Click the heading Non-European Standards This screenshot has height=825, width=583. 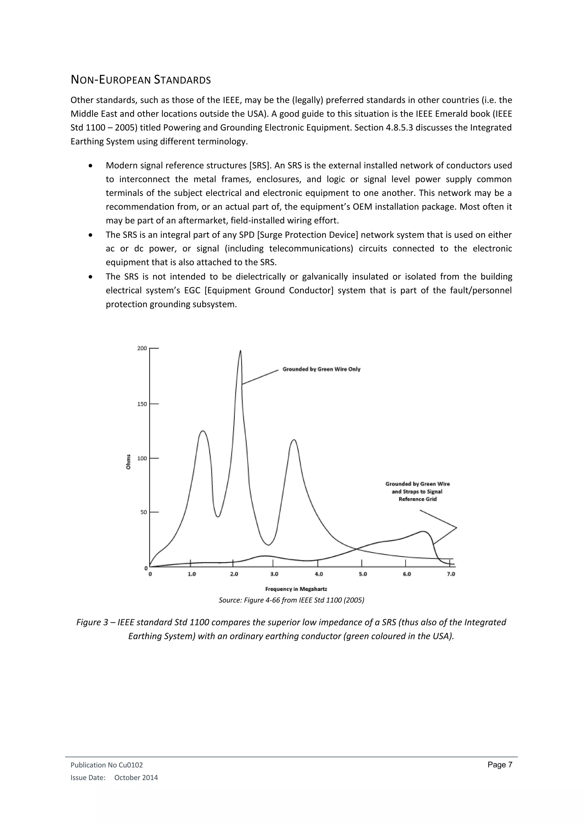pyautogui.click(x=141, y=80)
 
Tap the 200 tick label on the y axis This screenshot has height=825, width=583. pyautogui.click(x=142, y=348)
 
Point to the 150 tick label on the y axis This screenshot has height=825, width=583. pyautogui.click(x=142, y=404)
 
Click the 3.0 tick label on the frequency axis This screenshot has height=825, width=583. pyautogui.click(x=274, y=574)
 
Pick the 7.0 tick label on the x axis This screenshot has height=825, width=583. pyautogui.click(x=451, y=574)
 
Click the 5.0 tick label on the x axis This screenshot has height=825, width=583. pyautogui.click(x=363, y=574)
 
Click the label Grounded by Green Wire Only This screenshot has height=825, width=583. pyautogui.click(x=321, y=369)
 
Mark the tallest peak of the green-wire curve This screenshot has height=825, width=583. pyautogui.click(x=240, y=351)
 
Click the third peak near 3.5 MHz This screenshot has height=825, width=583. pyautogui.click(x=294, y=440)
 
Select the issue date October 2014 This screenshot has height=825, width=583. pyautogui.click(x=136, y=778)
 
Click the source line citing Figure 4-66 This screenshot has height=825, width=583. pyautogui.click(x=291, y=600)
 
